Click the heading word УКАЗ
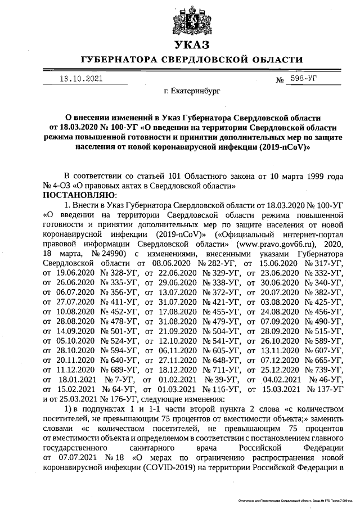tap(191, 46)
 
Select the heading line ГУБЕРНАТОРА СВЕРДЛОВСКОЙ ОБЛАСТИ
tap(191, 60)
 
